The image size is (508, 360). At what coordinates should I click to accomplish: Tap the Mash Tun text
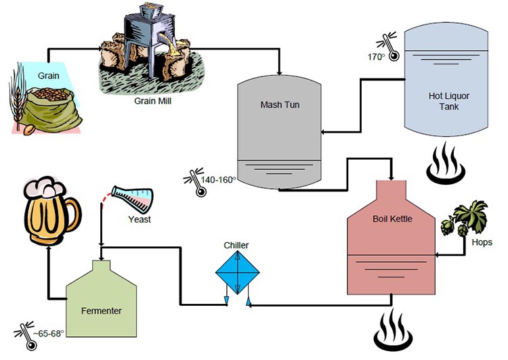[x=279, y=104]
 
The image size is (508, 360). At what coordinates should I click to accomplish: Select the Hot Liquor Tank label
[x=449, y=101]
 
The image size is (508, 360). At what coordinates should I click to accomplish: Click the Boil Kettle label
[x=392, y=219]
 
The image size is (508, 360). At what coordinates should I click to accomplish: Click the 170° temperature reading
[x=376, y=57]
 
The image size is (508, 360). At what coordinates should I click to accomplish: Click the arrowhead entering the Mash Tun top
[x=280, y=71]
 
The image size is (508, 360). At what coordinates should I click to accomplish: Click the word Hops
[x=482, y=242]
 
